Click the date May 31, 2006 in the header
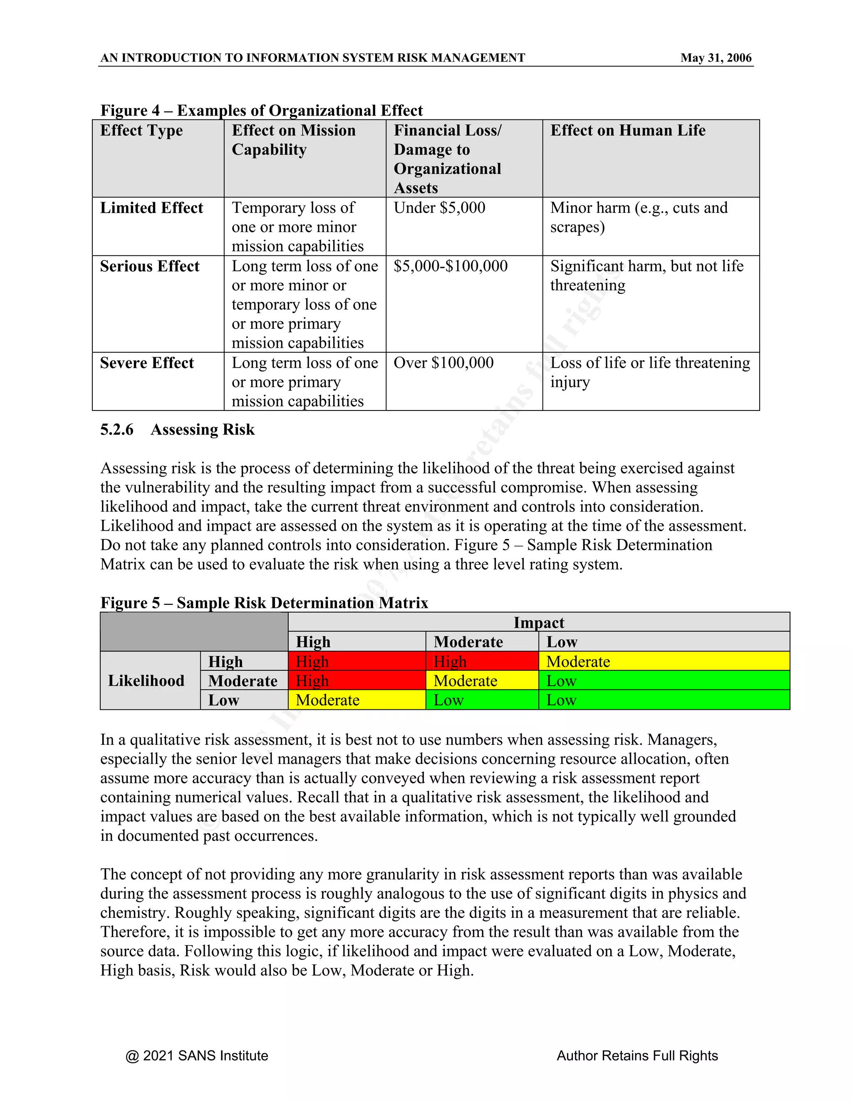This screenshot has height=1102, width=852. coord(715,58)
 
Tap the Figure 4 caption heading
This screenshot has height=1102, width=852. coord(261,110)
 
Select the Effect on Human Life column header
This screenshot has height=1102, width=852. coord(627,130)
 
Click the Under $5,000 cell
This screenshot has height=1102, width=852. coord(439,208)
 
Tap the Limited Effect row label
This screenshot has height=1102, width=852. coord(151,208)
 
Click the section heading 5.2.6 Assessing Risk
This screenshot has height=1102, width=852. coord(177,430)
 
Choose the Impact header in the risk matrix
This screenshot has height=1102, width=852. coord(539,622)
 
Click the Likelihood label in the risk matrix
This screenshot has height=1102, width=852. coord(146,681)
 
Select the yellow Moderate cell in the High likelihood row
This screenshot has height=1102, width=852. coord(663,661)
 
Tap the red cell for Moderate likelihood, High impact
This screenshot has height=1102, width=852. coord(357,681)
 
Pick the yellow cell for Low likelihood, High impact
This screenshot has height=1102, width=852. coord(357,700)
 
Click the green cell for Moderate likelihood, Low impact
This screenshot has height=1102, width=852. coord(663,681)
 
